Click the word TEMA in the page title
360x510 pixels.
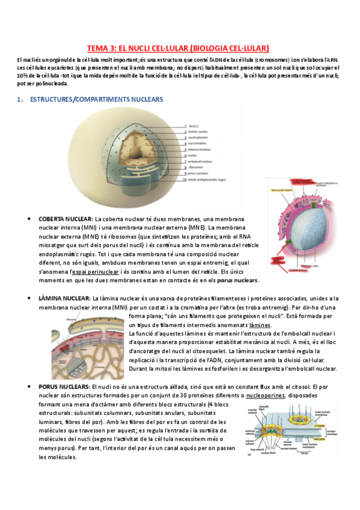[97, 48]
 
